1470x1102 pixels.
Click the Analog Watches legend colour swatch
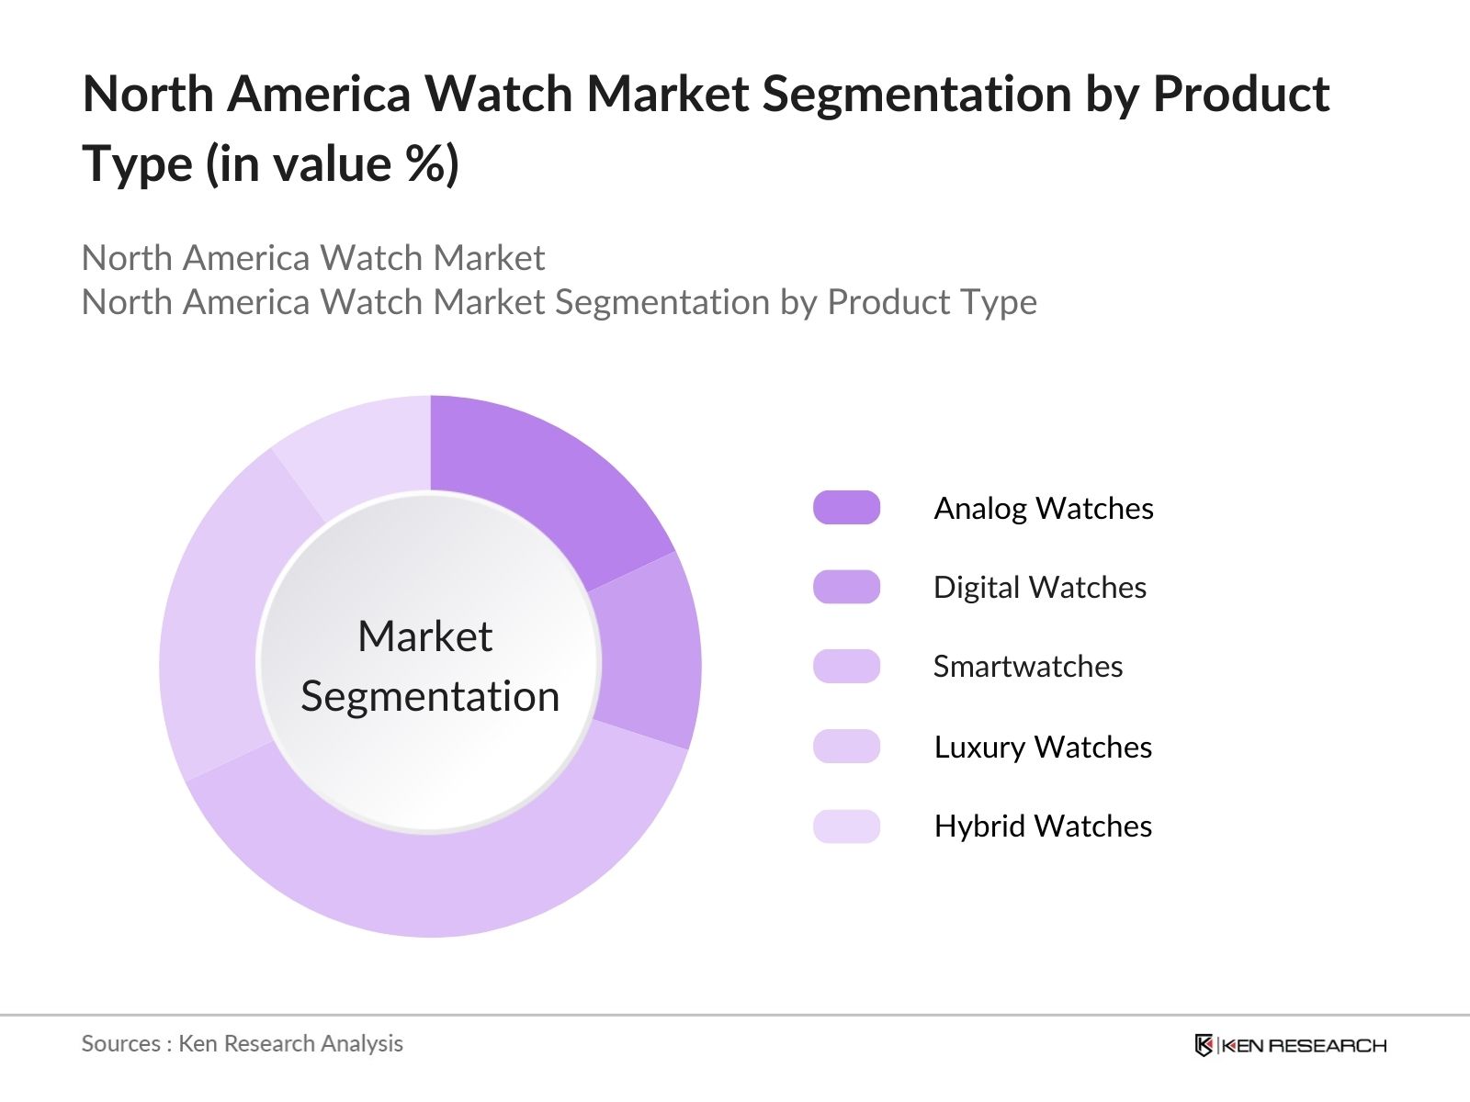(846, 508)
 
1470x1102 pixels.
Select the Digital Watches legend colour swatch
(846, 587)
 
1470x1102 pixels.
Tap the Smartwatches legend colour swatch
(846, 666)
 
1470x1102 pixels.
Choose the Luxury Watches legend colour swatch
(846, 747)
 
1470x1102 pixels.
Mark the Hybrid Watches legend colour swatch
(846, 826)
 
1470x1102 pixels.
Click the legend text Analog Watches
(1043, 508)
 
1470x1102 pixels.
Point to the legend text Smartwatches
(1027, 666)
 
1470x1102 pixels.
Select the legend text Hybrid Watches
(1043, 826)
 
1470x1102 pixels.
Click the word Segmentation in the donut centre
(430, 696)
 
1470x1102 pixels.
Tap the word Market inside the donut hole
(424, 636)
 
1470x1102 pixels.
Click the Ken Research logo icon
(1204, 1045)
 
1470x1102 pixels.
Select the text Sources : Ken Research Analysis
(242, 1043)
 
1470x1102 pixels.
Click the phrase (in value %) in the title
(332, 165)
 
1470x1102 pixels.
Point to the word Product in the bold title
(1240, 94)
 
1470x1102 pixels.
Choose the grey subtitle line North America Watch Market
(313, 258)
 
